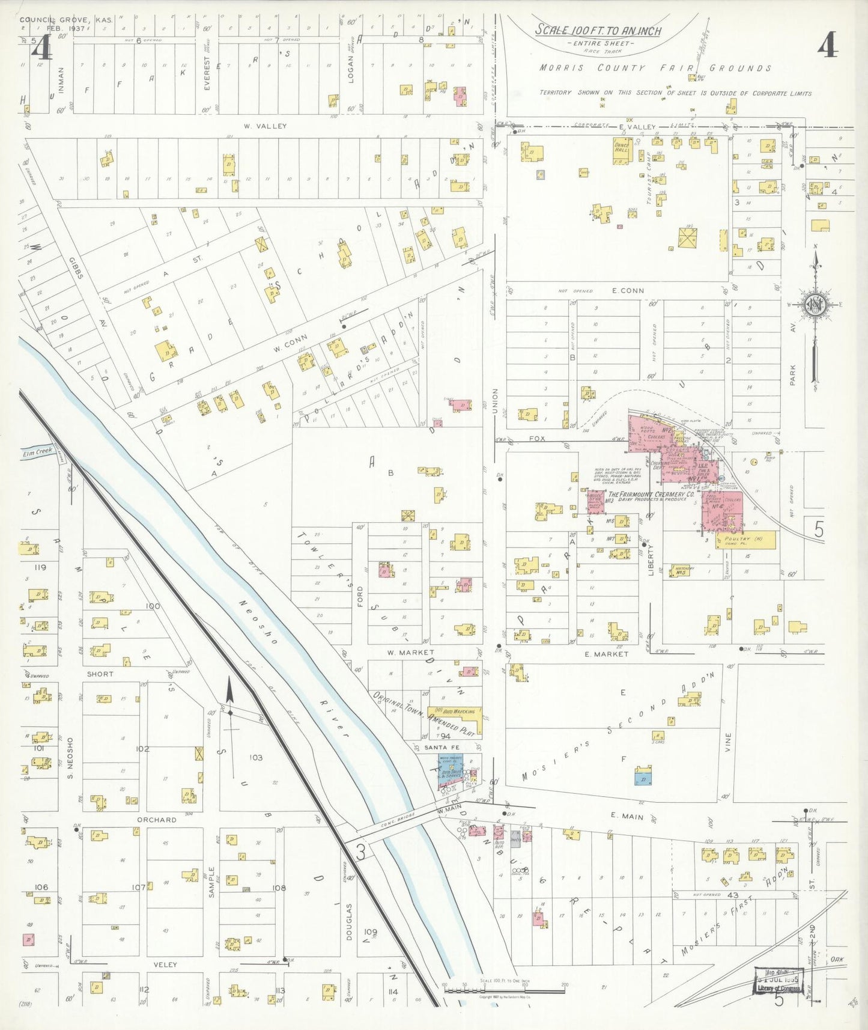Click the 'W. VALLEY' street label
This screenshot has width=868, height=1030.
265,126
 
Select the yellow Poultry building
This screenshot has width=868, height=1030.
744,540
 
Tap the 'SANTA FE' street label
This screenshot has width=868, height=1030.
438,747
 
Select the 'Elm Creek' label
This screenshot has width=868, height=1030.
38,451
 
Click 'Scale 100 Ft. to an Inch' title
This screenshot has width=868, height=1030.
598,30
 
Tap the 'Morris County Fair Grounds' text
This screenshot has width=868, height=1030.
654,68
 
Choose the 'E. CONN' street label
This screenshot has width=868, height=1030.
628,290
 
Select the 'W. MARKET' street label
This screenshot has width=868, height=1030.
410,652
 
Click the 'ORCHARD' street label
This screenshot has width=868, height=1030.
156,820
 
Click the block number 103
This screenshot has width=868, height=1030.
256,758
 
